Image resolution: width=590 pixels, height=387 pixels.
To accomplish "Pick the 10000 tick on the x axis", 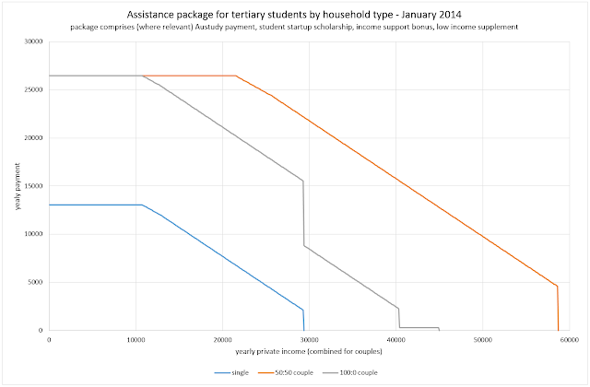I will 136,338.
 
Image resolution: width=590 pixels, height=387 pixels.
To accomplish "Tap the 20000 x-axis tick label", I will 222,338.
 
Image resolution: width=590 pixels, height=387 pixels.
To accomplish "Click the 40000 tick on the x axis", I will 395,338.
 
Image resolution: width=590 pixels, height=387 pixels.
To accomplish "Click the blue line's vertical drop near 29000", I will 303,320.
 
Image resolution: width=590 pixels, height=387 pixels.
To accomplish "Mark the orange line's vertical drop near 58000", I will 558,309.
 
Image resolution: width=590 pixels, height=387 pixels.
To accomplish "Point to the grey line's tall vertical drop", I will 303,212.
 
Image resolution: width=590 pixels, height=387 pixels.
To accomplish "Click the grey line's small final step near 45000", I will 439,329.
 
